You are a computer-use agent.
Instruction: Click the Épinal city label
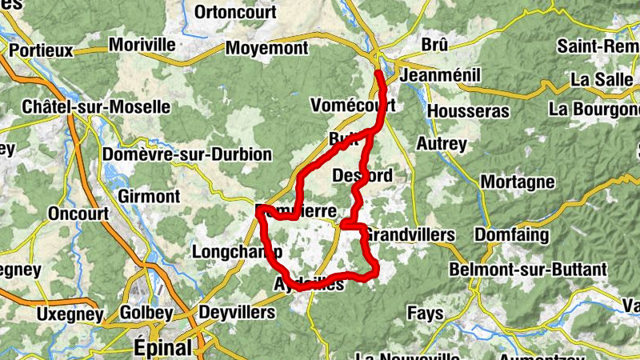point(162,348)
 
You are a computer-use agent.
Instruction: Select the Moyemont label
point(266,49)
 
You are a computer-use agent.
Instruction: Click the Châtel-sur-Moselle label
point(96,106)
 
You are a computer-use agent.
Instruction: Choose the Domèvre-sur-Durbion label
point(188,154)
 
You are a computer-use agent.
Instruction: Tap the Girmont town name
point(149,196)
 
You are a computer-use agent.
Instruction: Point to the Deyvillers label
point(236,312)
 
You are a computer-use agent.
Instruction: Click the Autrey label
point(442,144)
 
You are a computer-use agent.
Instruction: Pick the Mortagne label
point(518,182)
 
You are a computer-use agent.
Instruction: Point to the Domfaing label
point(512,235)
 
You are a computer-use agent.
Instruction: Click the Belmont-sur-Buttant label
point(528,270)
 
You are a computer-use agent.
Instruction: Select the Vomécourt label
point(353,106)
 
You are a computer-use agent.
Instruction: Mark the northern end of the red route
point(378,73)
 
